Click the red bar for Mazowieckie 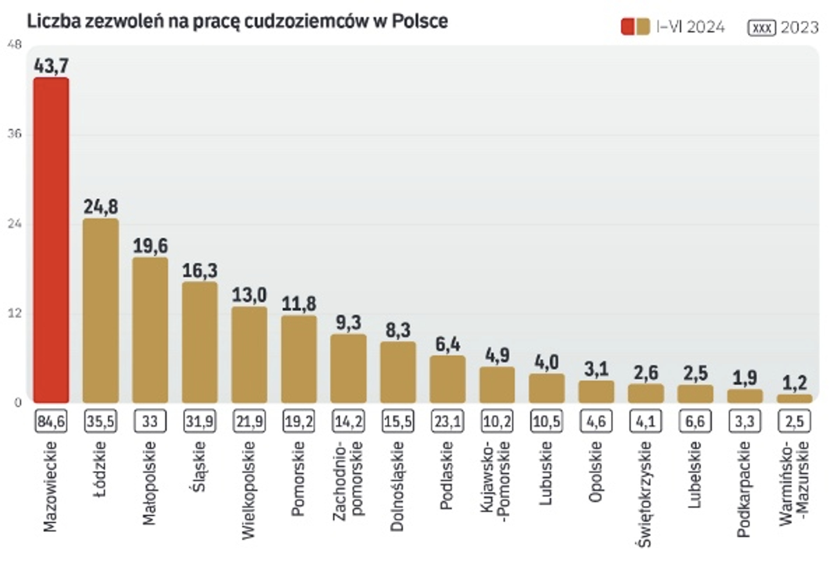coord(51,240)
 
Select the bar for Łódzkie coord(101,311)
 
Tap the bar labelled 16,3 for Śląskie coord(200,342)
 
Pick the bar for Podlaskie coord(447,379)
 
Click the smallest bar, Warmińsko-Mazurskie coord(795,398)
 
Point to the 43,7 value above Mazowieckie coord(51,66)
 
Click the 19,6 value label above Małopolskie coord(150,246)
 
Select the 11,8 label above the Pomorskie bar coord(299,304)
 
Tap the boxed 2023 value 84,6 coord(51,421)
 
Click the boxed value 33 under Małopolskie coord(150,421)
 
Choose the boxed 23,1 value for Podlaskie coord(447,421)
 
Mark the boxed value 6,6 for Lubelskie coord(695,421)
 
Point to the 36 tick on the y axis coord(15,134)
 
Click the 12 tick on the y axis coord(15,313)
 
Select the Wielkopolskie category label coord(249,490)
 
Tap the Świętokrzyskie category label coord(645,494)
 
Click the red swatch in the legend coord(628,27)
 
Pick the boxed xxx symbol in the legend coord(761,27)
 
